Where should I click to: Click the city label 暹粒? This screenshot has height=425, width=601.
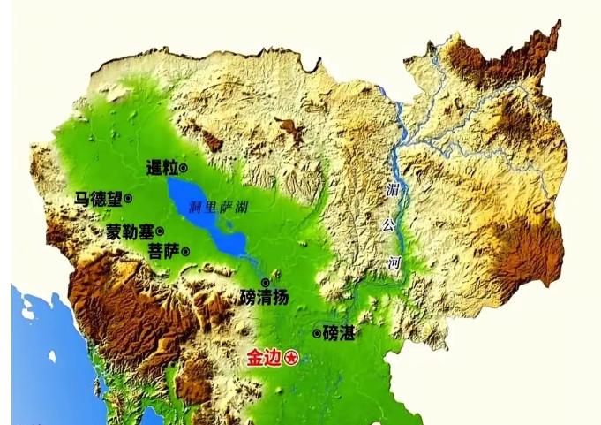[x=162, y=167]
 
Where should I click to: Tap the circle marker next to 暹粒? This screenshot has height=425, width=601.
[x=184, y=167]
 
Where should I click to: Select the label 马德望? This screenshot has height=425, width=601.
[x=98, y=200]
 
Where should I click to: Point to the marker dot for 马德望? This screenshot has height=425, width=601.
[x=128, y=199]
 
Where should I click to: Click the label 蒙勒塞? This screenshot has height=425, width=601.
[x=130, y=231]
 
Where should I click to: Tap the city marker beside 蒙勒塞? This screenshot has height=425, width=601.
[x=160, y=231]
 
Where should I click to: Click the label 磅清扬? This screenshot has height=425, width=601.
[x=264, y=298]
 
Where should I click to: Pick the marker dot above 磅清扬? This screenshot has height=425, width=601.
[x=265, y=282]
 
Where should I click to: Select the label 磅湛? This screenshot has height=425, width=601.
[x=340, y=333]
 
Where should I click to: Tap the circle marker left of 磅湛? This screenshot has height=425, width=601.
[x=317, y=333]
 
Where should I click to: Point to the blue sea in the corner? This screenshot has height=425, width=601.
[x=40, y=353]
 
